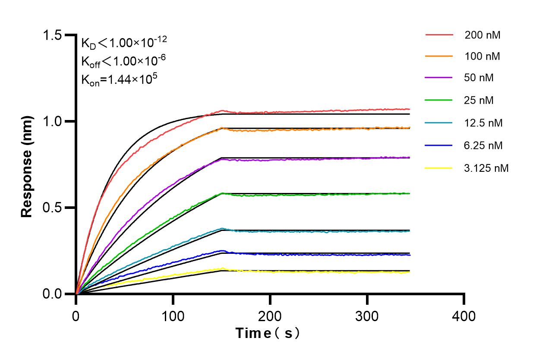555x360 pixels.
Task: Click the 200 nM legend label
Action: tap(482, 35)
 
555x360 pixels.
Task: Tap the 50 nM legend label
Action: tap(479, 78)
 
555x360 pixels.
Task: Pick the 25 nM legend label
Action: tap(479, 101)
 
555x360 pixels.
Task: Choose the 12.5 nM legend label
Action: tap(483, 123)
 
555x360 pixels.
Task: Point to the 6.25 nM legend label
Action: tap(483, 145)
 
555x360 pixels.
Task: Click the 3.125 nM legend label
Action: tap(486, 168)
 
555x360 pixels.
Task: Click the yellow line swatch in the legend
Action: tap(439, 168)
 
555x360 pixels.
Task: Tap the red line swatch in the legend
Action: tap(439, 35)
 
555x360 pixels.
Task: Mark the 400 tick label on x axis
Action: tap(464, 316)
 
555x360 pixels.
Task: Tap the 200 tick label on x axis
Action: tap(270, 316)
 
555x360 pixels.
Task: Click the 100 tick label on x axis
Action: tap(173, 316)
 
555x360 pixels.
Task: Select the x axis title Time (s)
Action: tap(268, 333)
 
